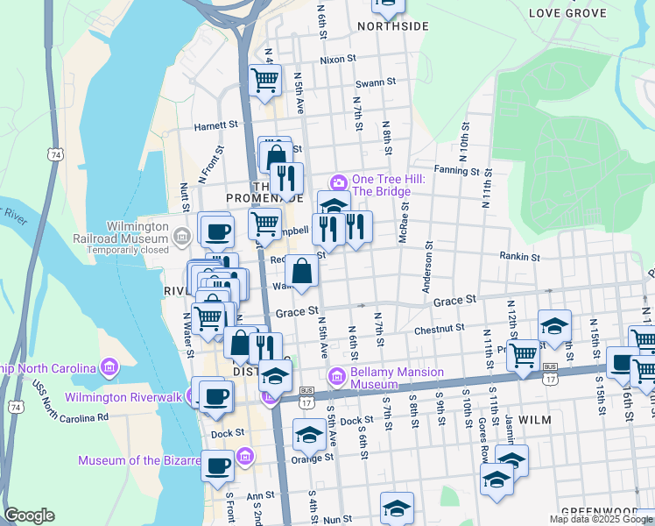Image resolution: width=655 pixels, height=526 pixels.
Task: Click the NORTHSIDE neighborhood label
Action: click(393, 26)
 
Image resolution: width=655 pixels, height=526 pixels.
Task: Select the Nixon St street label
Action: click(338, 60)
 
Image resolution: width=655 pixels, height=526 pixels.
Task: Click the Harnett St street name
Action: click(216, 125)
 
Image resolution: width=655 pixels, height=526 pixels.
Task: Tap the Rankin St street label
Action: click(519, 257)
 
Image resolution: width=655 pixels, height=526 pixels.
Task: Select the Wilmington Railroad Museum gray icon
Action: click(181, 234)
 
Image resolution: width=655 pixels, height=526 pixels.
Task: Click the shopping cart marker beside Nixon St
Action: click(265, 81)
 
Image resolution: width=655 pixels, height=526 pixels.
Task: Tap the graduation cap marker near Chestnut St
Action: click(554, 326)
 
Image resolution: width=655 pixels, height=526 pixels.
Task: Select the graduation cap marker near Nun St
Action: click(397, 508)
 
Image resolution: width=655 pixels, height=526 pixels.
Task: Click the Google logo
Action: click(29, 515)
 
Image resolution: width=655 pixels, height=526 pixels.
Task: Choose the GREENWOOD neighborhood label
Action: click(610, 511)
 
